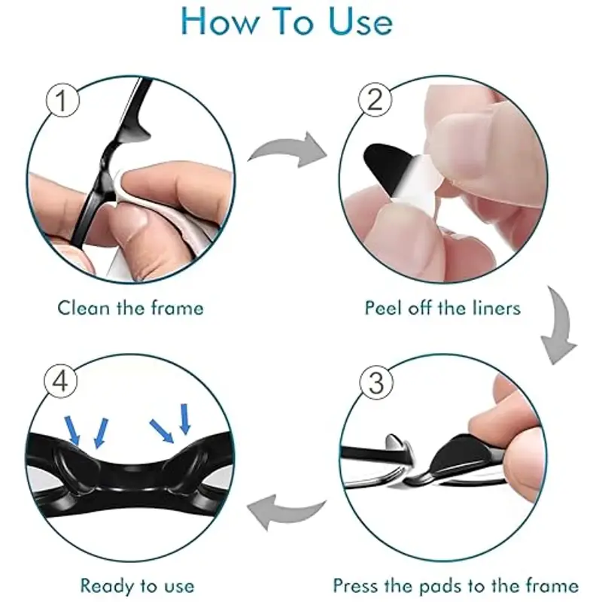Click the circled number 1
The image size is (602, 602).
coord(62,101)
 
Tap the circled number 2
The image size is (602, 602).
coord(375,100)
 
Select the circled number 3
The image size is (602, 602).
coord(377,383)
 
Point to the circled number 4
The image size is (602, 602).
coord(61,382)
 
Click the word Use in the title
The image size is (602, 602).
coord(361,22)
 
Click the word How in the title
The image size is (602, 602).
coord(220,22)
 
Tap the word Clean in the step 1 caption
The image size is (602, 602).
coord(84,308)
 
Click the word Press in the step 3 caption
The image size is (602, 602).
coord(356,586)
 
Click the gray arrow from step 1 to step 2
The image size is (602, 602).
coord(289,150)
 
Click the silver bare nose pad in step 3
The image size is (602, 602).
coord(398,446)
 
